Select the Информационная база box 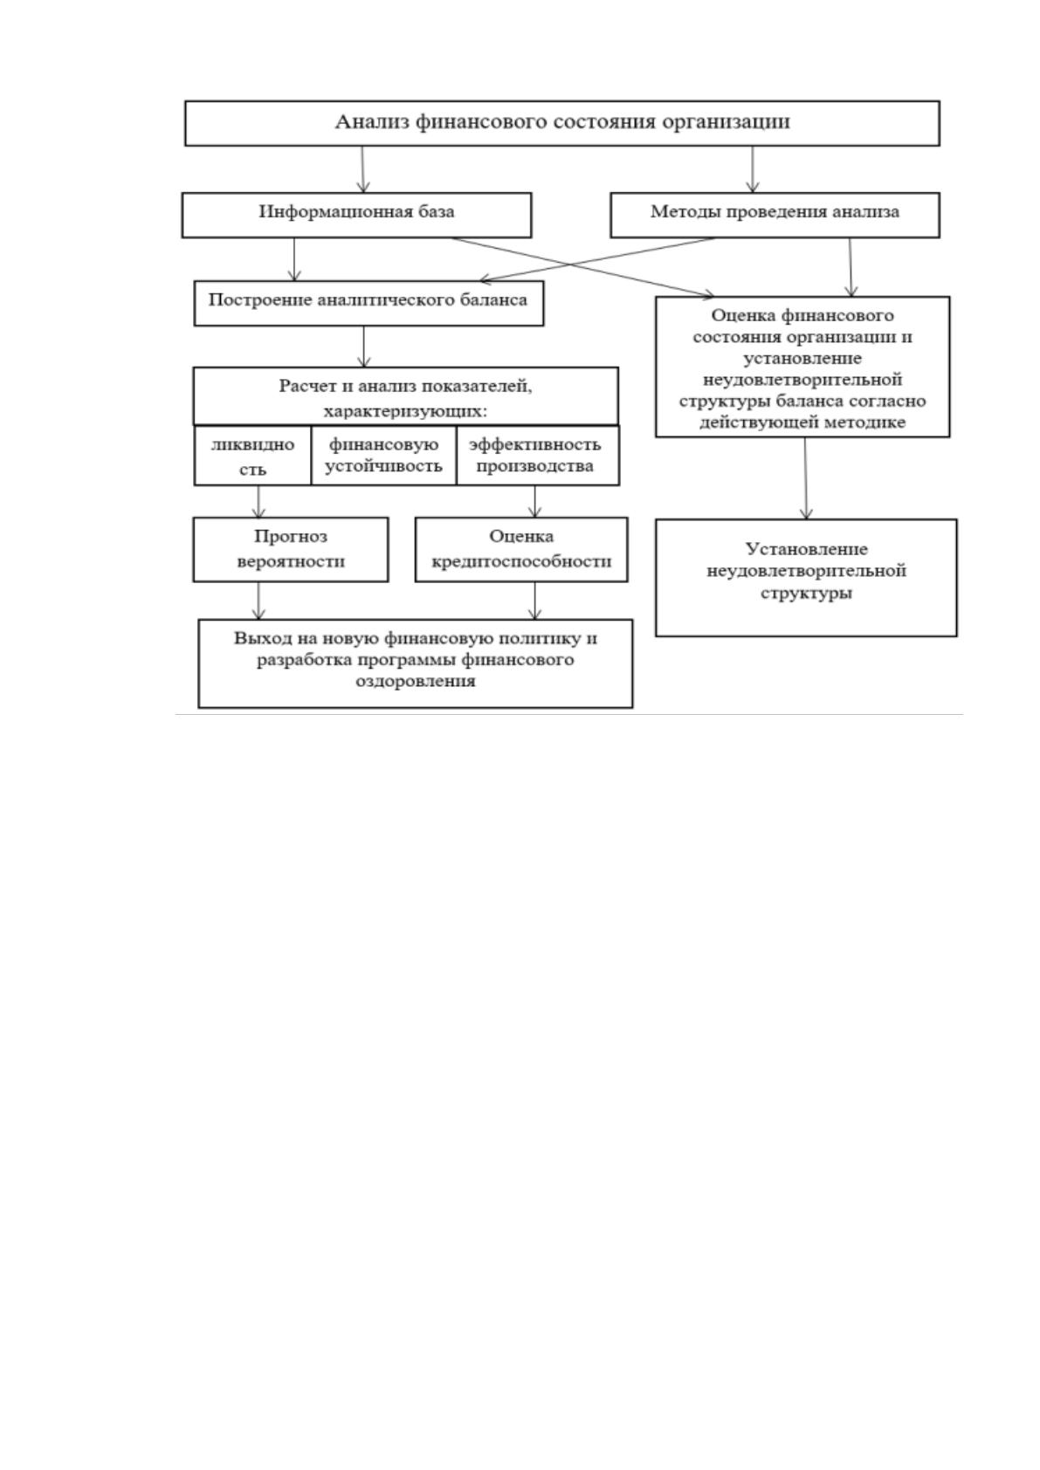click(x=356, y=215)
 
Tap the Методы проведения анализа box click(x=775, y=215)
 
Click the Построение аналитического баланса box click(x=368, y=303)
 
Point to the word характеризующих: click(x=406, y=412)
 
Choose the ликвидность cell click(x=252, y=456)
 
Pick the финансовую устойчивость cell click(x=383, y=456)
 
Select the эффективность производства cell click(x=538, y=456)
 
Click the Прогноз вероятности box click(x=291, y=549)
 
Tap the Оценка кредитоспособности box click(x=521, y=549)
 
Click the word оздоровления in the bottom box click(x=416, y=681)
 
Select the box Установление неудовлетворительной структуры click(x=806, y=578)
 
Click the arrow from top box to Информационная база click(x=362, y=168)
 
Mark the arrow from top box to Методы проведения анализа click(x=753, y=168)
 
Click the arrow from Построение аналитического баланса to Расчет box click(x=364, y=347)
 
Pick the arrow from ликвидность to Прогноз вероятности click(x=258, y=501)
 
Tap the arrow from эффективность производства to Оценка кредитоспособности click(x=535, y=501)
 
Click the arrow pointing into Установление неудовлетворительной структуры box click(x=806, y=478)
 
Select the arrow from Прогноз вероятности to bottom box click(x=258, y=601)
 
